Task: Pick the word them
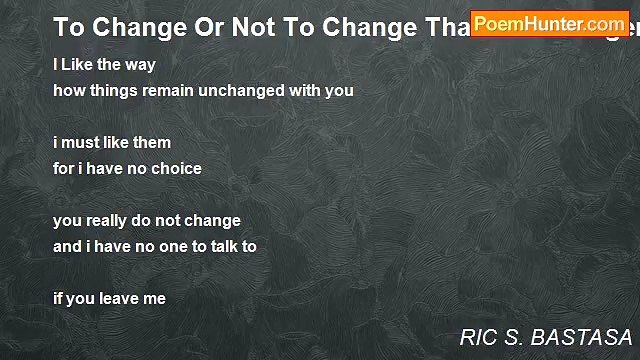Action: [150, 142]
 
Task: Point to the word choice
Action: [176, 168]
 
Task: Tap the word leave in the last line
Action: [117, 297]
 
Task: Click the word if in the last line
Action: [58, 297]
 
